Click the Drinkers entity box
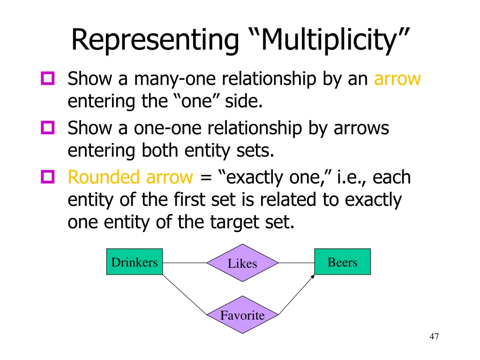pos(135,262)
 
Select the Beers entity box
pos(342,262)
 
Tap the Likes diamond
pos(242,263)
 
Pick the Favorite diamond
pos(242,315)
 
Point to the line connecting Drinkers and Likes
pos(185,263)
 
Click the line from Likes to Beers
pos(296,263)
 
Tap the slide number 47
pos(434,336)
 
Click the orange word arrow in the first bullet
pos(397,79)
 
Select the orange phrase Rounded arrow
pos(130,178)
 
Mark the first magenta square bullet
pos(48,78)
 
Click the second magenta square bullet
pos(48,127)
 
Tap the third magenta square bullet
pos(48,177)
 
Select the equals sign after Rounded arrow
pos(204,178)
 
